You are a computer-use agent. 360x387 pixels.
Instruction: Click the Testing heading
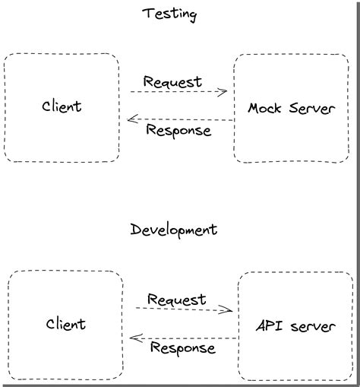point(169,14)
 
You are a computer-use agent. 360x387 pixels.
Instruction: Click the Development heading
point(174,230)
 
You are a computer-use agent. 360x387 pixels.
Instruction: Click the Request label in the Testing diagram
point(172,81)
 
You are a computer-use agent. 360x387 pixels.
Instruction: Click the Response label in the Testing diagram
point(178,130)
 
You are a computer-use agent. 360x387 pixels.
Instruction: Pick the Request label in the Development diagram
point(176,299)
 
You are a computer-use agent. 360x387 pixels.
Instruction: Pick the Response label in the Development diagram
point(182,348)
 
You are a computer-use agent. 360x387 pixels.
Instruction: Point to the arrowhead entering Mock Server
point(223,93)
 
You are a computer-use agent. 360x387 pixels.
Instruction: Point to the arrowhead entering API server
point(228,309)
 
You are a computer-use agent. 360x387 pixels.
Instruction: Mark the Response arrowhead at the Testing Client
point(132,119)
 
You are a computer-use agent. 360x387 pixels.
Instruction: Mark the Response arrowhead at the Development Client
point(135,337)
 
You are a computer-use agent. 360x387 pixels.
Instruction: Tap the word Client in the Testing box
point(62,106)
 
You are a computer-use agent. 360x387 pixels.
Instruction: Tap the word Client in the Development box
point(65,324)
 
